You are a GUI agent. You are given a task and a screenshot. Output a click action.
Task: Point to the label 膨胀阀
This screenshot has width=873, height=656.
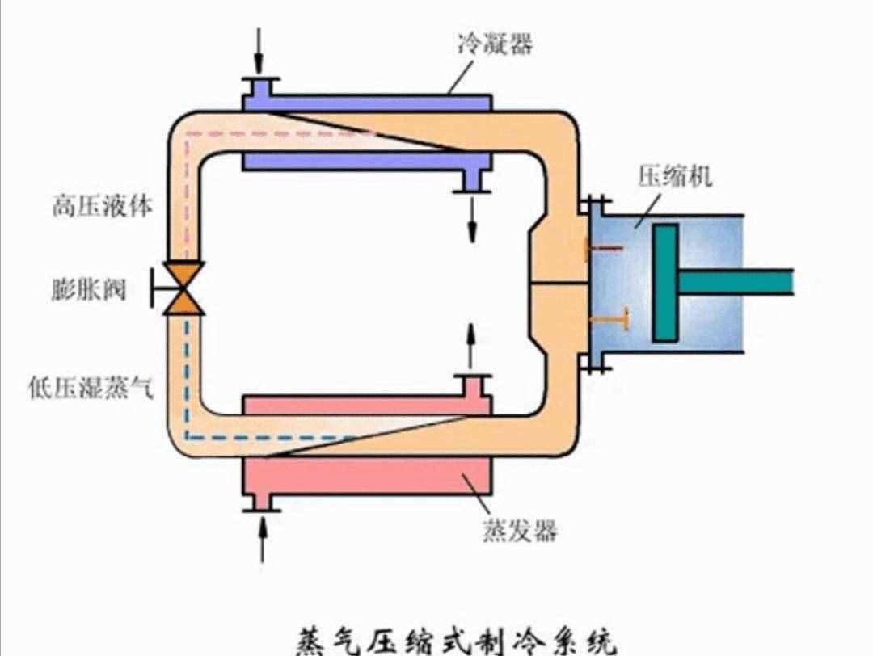tap(89, 289)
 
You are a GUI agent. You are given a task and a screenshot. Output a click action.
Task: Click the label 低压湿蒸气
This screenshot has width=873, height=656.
tap(90, 389)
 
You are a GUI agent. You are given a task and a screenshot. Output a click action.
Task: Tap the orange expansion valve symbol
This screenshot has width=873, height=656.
tap(183, 288)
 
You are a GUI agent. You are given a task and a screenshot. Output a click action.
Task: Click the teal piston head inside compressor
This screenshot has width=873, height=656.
tap(665, 282)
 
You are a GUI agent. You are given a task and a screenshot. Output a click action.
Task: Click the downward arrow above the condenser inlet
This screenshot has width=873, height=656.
tap(259, 49)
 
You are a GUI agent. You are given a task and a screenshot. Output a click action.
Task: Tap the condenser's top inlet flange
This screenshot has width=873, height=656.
tap(259, 80)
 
